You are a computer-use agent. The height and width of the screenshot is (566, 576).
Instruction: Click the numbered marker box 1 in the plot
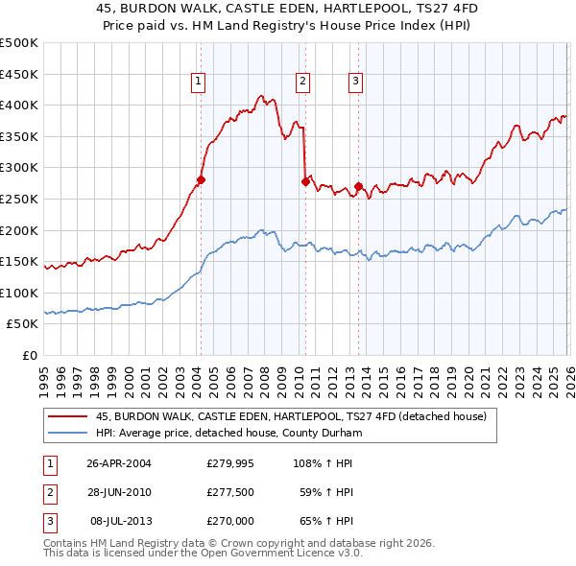(198, 82)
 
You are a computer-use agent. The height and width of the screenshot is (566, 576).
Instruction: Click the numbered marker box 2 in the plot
(302, 82)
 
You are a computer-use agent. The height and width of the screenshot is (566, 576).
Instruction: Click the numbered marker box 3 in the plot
(355, 82)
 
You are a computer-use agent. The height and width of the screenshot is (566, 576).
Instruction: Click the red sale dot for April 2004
(202, 179)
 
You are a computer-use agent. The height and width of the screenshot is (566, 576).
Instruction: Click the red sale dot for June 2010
(305, 181)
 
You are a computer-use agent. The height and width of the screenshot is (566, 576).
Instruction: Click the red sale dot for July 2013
(358, 186)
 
